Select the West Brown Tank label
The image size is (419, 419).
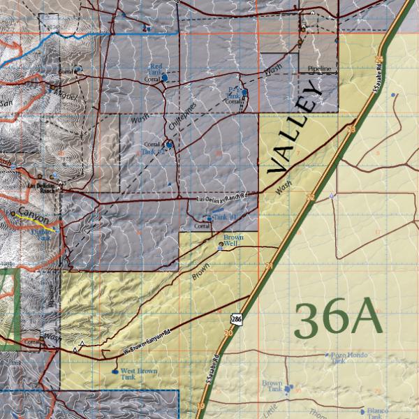138,374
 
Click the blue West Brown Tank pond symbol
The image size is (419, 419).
115,372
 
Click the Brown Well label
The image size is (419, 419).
233,240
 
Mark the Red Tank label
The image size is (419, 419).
156,68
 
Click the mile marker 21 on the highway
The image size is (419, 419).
269,266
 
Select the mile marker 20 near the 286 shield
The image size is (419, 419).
228,333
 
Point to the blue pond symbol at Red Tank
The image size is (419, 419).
164,79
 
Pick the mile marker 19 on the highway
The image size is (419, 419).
200,406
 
